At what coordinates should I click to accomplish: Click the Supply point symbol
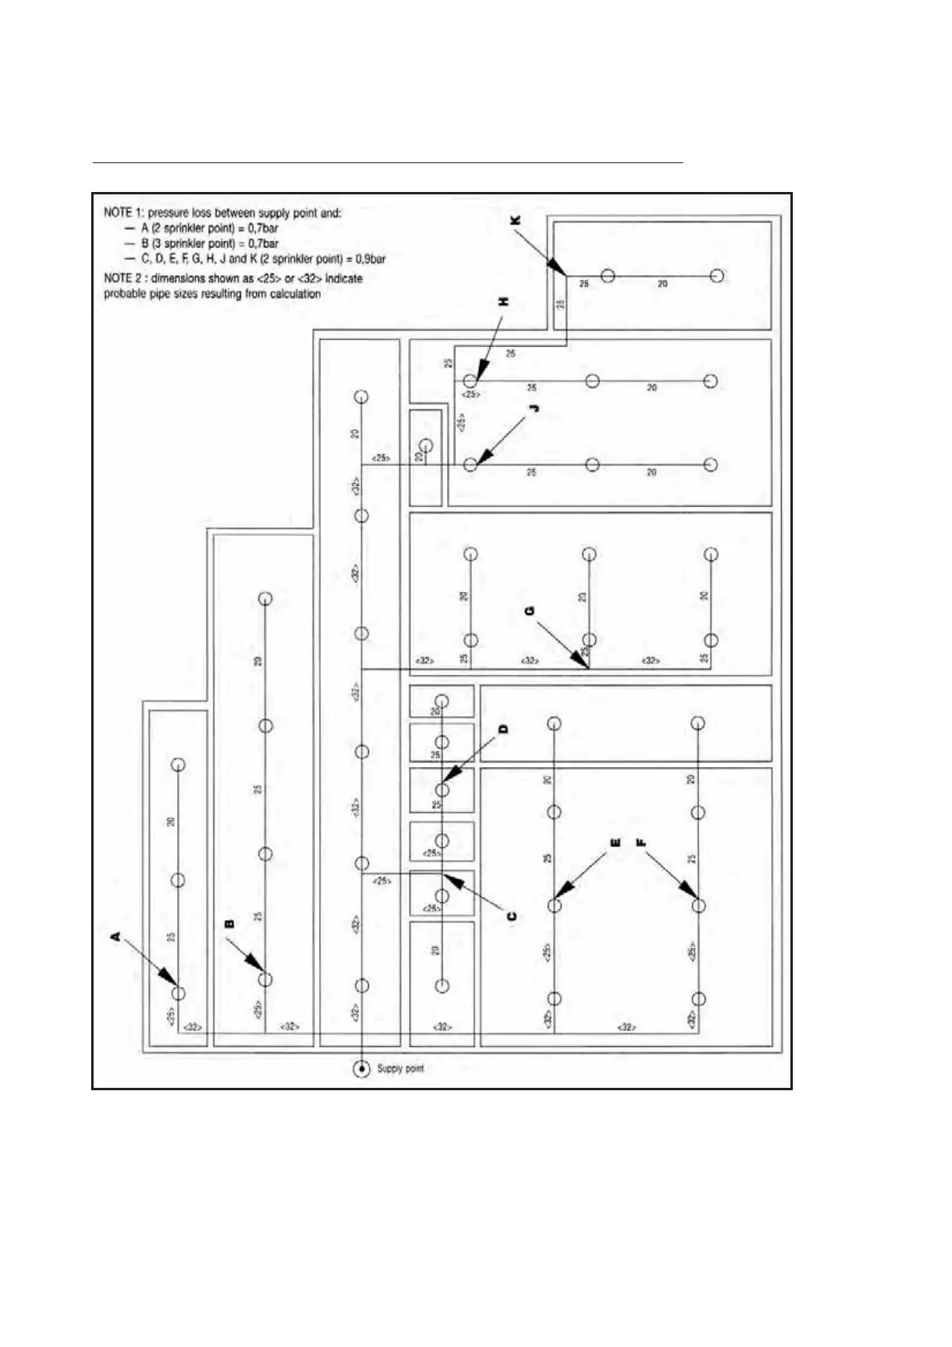(362, 1069)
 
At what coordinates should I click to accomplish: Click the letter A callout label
(115, 935)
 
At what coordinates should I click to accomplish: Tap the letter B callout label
(230, 923)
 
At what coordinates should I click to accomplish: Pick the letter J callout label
(534, 408)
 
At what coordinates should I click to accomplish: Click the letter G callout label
(529, 611)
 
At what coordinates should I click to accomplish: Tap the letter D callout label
(503, 729)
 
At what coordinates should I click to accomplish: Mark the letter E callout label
(614, 843)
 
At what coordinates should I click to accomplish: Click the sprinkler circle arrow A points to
(178, 993)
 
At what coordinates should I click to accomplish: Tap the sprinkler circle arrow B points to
(266, 979)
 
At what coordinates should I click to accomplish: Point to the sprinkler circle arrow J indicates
(470, 464)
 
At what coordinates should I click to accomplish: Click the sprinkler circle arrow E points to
(554, 905)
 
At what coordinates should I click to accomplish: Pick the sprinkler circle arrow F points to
(698, 905)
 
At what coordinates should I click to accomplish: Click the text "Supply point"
(400, 1069)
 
